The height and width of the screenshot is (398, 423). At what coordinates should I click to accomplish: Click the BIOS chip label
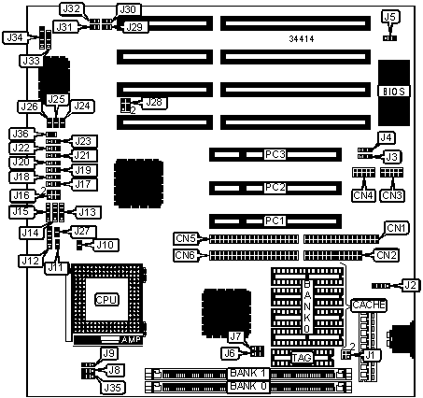coord(394,92)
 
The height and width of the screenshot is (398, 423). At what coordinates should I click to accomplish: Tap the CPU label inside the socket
coord(106,300)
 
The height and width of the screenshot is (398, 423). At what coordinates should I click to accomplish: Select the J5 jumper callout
coord(390,17)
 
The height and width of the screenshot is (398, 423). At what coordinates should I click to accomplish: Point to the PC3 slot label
coord(275,154)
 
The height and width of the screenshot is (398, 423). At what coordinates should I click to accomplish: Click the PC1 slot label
coord(275,220)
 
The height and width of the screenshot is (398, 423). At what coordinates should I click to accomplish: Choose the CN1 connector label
coord(396,228)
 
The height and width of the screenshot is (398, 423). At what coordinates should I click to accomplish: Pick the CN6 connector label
coord(185,255)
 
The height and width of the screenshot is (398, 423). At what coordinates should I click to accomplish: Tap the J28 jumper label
coord(154,102)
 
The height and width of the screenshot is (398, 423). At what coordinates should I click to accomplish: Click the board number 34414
coord(302,39)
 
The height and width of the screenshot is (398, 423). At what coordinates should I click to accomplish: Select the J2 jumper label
coord(410,285)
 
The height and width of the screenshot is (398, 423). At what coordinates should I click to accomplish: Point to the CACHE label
coord(369,305)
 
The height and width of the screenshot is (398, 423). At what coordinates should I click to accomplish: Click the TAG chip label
coord(302,358)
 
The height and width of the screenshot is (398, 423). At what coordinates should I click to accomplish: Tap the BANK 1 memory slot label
coord(248,373)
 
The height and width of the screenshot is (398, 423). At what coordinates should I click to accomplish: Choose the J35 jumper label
coord(112,388)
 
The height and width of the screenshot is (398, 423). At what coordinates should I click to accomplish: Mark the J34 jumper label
coord(15,38)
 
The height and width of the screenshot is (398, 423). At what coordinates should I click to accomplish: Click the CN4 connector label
coord(363,195)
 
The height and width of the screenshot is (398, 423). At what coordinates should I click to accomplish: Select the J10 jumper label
coord(106,245)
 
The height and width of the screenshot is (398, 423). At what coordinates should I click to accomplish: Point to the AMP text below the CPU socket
coord(132,340)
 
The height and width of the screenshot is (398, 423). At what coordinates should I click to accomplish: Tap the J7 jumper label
coord(235,336)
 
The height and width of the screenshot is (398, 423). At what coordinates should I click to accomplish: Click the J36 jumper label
coord(21,134)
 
